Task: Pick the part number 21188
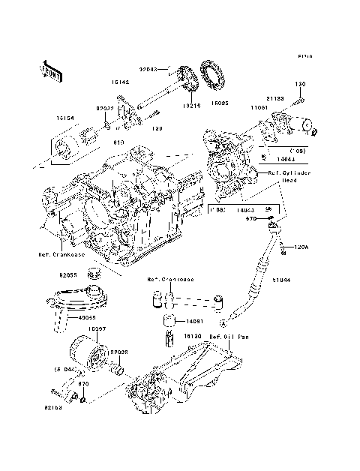[x=274, y=99]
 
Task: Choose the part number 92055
[x=69, y=275]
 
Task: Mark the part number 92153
[x=52, y=409]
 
